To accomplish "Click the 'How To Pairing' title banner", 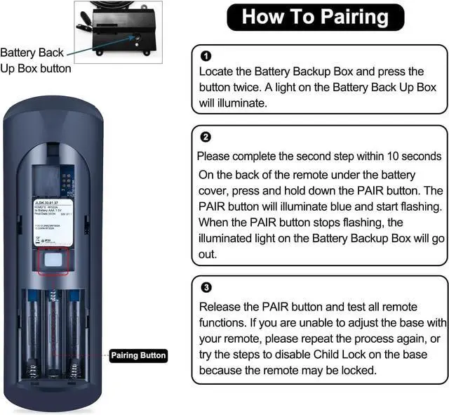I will tap(315, 17).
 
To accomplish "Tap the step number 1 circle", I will tap(206, 55).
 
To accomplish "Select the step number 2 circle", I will tap(206, 137).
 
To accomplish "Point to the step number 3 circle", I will tap(206, 287).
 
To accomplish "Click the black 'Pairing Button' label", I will tap(138, 355).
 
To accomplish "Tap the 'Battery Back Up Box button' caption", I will tap(35, 60).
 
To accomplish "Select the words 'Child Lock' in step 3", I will tap(352, 355).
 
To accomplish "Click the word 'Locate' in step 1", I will tap(217, 72).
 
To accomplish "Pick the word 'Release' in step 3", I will tap(220, 307).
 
